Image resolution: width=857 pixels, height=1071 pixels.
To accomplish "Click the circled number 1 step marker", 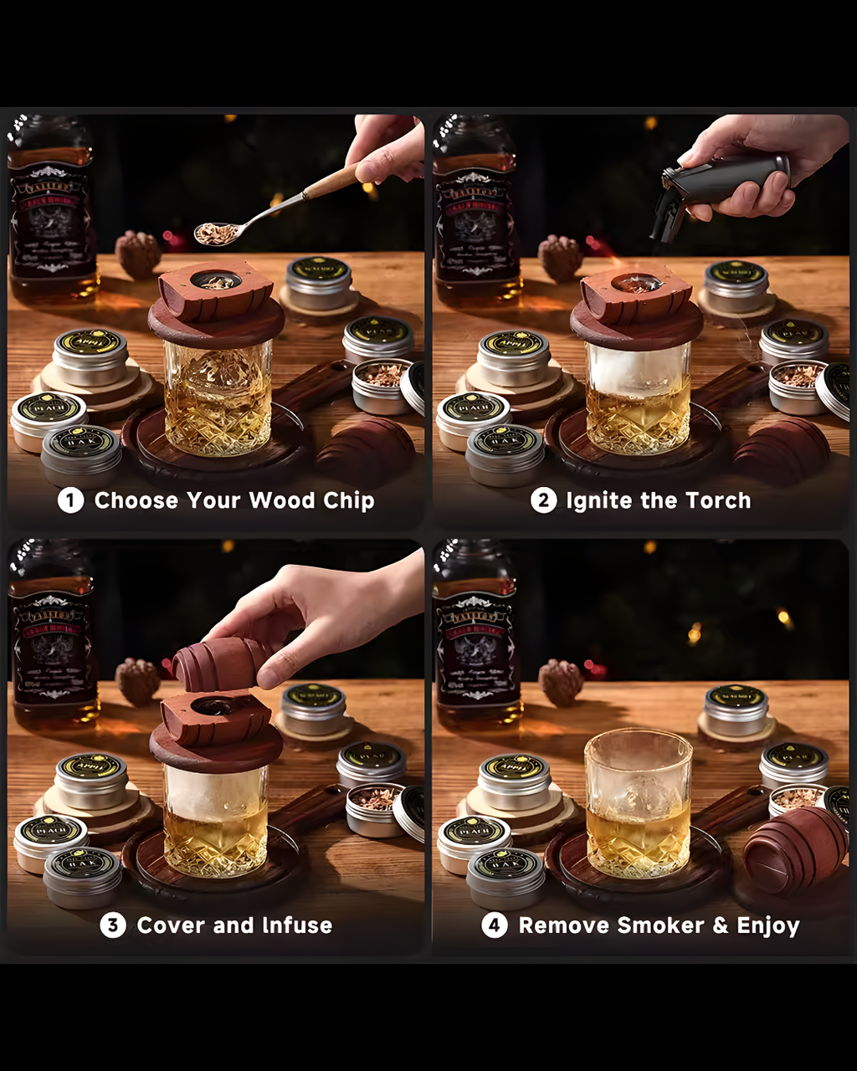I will coord(70,501).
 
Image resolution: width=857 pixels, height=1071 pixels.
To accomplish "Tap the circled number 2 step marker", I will coord(543,501).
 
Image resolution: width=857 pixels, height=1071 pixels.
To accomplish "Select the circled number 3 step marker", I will coord(113,925).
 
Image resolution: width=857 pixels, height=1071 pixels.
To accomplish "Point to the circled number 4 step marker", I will coord(495,925).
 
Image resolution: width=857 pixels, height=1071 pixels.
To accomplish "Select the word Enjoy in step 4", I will coord(767,925).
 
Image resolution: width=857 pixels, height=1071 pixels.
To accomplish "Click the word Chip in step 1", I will coord(346,501).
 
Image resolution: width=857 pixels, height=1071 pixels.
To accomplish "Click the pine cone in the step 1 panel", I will coord(138,254).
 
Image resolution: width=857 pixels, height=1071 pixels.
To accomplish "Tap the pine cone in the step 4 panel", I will coord(560,683).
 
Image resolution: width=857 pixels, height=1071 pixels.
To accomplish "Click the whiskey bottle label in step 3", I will coord(52,644).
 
